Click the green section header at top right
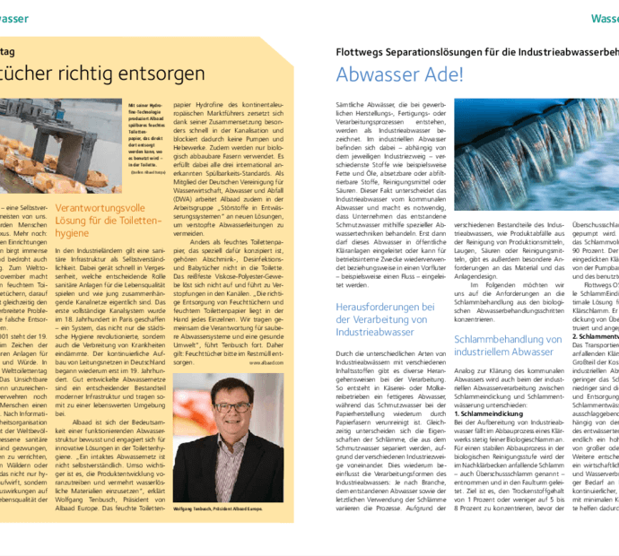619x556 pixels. [x=605, y=18]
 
